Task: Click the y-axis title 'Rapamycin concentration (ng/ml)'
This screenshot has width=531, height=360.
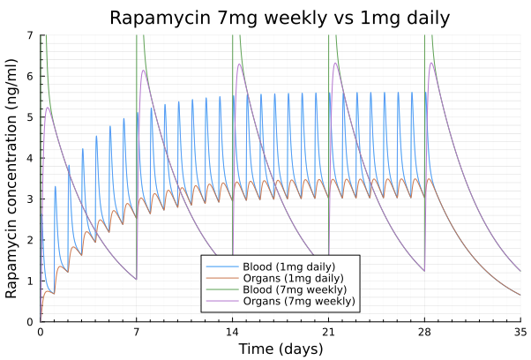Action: pyautogui.click(x=12, y=178)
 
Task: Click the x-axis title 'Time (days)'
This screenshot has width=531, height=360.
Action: pyautogui.click(x=280, y=349)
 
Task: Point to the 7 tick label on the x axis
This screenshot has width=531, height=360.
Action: pyautogui.click(x=137, y=332)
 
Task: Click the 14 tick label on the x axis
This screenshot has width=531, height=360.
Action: pyautogui.click(x=233, y=332)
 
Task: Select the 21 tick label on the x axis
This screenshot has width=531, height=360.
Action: pyautogui.click(x=329, y=332)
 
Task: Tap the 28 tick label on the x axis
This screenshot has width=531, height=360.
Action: pyautogui.click(x=425, y=332)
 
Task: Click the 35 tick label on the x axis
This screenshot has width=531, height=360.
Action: pyautogui.click(x=520, y=332)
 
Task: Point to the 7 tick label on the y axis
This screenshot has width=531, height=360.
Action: pyautogui.click(x=30, y=35)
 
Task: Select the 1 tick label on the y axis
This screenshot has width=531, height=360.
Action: pyautogui.click(x=30, y=281)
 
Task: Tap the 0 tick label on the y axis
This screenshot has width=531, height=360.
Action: pyautogui.click(x=30, y=322)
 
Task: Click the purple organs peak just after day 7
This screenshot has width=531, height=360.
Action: pyautogui.click(x=143, y=71)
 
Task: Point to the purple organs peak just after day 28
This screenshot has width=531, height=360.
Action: pyautogui.click(x=431, y=63)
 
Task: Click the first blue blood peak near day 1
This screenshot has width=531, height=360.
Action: pyautogui.click(x=55, y=186)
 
